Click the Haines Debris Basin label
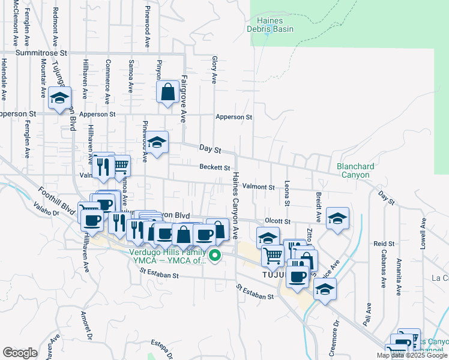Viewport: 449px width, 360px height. [x=265, y=25]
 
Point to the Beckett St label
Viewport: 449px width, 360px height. [x=215, y=167]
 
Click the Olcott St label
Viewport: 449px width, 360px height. [x=278, y=221]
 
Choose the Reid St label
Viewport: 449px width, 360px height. [x=384, y=244]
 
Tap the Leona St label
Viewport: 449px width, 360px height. [x=288, y=193]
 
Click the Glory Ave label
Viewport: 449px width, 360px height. [x=214, y=70]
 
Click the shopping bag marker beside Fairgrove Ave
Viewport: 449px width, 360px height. [x=168, y=93]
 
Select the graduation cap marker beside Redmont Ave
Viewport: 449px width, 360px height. [x=59, y=98]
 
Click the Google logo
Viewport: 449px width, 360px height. [x=20, y=353]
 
